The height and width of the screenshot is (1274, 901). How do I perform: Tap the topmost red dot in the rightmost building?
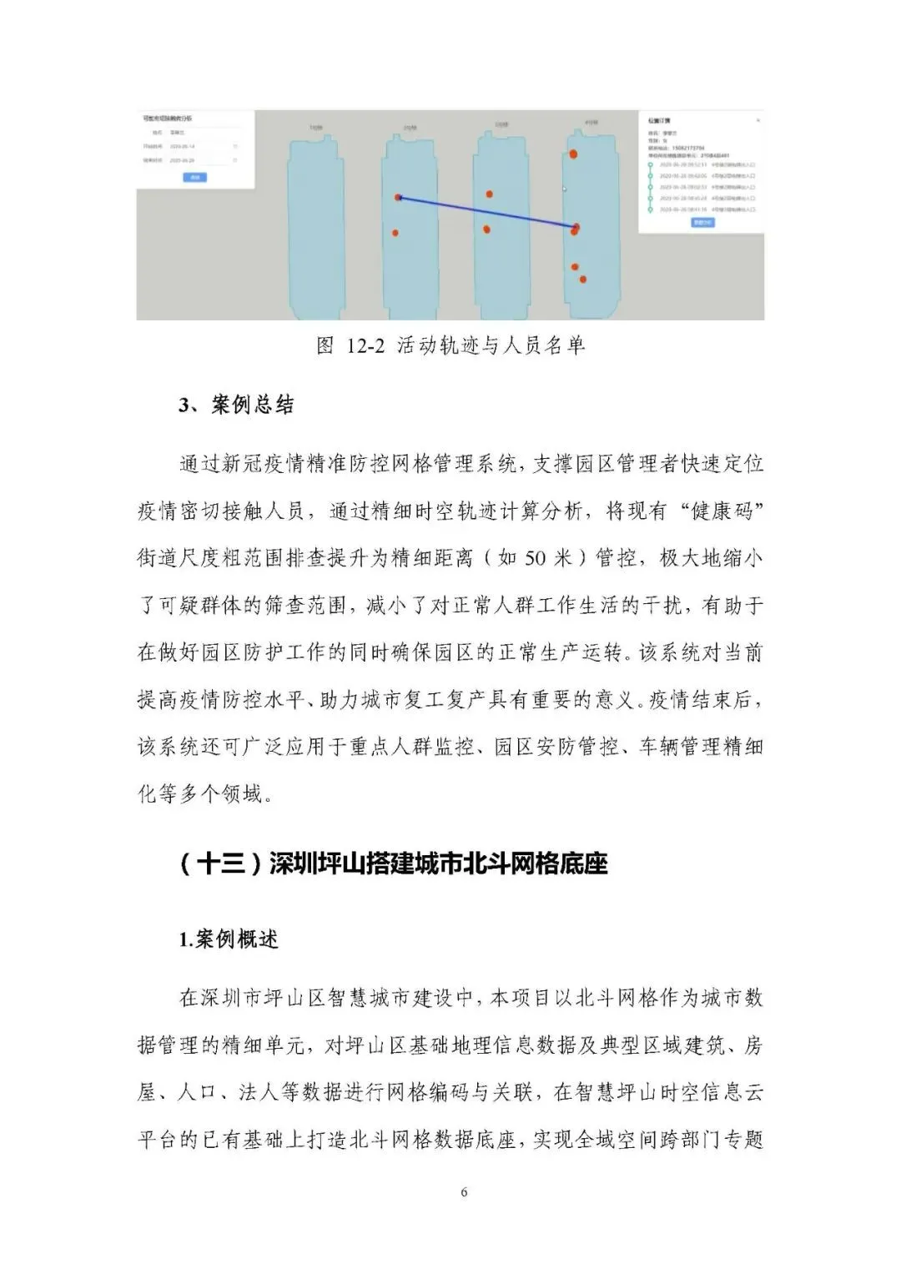click(x=573, y=154)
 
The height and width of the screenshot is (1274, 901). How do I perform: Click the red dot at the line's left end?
click(x=398, y=198)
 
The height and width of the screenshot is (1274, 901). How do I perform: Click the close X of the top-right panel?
click(x=758, y=121)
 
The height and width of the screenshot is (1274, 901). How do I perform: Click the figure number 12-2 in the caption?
click(x=365, y=345)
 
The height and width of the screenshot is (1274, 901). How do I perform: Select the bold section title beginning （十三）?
click(x=393, y=864)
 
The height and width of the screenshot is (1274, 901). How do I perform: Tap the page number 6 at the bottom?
click(x=464, y=1192)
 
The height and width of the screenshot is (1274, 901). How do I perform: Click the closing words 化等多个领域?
click(x=204, y=793)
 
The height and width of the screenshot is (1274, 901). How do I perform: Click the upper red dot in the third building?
click(x=490, y=194)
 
